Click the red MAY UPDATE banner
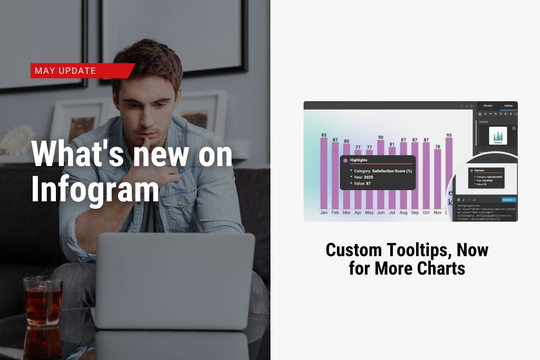coord(82,71)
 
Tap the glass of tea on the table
coord(42,300)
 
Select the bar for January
coord(324,174)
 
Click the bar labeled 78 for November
coord(437,179)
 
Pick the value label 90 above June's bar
coord(381,137)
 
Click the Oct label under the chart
coord(426,213)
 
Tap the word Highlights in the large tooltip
coord(359,160)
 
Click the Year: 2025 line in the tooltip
coord(364,177)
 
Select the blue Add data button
coord(508,200)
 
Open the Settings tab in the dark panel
coord(508,106)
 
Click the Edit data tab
coord(488,106)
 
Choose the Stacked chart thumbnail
coord(498,135)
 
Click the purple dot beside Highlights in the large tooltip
coord(345,160)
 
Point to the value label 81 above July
coord(392,144)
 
